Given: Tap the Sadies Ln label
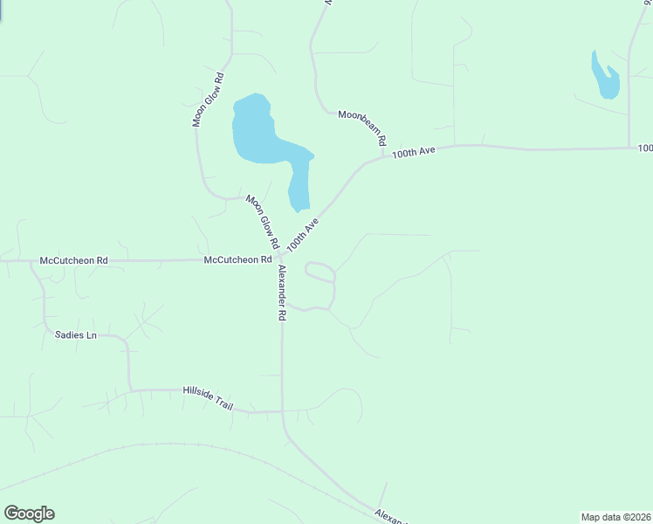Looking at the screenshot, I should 75,334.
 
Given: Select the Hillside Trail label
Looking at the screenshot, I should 208,396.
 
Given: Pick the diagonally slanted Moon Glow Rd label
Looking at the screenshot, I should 261,220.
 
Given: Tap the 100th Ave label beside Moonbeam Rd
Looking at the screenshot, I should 413,152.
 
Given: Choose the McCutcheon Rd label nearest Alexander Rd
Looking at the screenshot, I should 238,259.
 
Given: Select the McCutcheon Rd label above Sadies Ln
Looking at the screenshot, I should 74,260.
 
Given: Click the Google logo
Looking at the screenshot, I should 29,514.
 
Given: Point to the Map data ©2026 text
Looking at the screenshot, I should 615,517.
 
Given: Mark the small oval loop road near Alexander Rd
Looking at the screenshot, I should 320,272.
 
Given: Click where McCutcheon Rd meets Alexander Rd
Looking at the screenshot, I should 281,259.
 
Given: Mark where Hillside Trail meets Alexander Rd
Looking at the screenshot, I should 282,410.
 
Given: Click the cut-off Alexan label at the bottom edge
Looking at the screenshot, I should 389,515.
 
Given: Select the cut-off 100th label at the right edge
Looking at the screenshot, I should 644,148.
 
